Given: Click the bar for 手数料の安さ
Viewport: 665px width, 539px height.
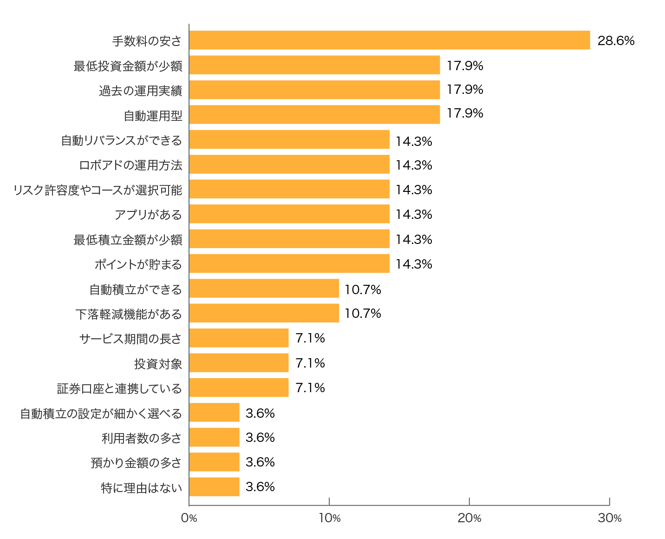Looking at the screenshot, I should click(389, 40).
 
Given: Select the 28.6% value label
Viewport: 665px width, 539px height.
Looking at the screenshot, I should click(616, 41).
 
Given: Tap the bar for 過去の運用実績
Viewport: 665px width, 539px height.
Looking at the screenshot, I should click(314, 90).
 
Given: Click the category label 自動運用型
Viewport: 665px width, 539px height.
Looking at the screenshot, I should click(153, 115).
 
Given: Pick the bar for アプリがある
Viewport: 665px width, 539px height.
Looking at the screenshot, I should click(289, 214).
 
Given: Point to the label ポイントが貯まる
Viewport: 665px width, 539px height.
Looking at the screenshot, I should click(138, 264).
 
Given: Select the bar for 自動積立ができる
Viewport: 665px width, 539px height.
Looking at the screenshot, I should click(264, 289).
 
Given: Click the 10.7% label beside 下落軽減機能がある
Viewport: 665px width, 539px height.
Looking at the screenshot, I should click(363, 314).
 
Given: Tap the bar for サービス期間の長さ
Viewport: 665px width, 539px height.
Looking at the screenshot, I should click(239, 338).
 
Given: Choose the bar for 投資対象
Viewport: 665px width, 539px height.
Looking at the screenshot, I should click(239, 363).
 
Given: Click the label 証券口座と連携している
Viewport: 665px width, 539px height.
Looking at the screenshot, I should click(119, 388).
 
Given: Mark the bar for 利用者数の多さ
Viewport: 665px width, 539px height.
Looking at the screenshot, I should click(214, 437).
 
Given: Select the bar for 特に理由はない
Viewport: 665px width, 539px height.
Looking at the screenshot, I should click(214, 487).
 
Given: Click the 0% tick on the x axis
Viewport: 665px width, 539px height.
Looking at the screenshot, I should click(189, 518).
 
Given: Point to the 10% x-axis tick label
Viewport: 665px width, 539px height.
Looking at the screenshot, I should click(329, 518).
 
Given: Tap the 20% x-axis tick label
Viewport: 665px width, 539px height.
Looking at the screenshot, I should click(469, 518).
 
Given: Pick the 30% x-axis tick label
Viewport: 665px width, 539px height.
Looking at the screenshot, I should click(610, 518).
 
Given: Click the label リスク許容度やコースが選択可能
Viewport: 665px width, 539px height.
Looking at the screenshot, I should click(98, 190).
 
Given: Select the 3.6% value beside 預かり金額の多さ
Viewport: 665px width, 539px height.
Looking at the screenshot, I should click(260, 462).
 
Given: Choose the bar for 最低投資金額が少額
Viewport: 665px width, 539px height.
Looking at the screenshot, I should click(314, 65).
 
